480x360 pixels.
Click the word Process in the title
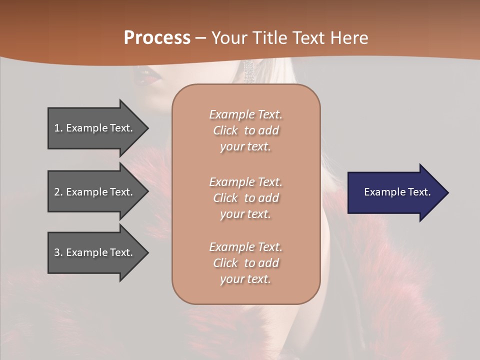click(x=157, y=38)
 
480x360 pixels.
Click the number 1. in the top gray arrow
click(x=58, y=128)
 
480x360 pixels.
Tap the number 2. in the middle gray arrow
click(x=58, y=192)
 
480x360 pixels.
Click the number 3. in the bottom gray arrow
click(x=58, y=252)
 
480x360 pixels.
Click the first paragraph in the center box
click(x=245, y=130)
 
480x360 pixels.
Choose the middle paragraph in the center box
click(x=245, y=198)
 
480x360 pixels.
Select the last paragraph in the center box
click(x=245, y=263)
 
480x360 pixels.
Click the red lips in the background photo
click(x=147, y=77)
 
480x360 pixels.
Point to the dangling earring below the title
click(x=248, y=72)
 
